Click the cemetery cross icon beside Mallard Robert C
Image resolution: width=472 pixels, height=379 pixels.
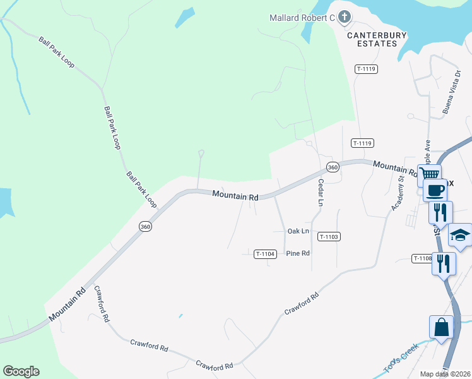[x=344, y=18]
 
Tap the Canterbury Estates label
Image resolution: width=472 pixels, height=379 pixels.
[x=377, y=39]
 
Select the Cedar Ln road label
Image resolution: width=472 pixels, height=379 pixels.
[x=321, y=191]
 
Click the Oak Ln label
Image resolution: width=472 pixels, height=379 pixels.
[x=298, y=231]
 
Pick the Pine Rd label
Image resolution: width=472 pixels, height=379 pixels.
[x=298, y=253]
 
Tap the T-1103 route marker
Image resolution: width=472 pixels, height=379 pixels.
[x=329, y=237]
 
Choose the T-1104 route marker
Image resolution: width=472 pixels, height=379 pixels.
[x=266, y=254]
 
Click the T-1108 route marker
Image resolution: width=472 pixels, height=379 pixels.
[x=422, y=258]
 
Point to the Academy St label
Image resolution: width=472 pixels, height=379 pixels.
[x=397, y=193]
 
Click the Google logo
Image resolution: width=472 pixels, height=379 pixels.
[x=21, y=371]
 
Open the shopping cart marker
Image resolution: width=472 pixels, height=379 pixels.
[x=429, y=174]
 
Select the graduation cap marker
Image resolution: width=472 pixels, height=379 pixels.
[x=460, y=236]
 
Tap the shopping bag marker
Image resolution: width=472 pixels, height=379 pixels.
[x=441, y=327]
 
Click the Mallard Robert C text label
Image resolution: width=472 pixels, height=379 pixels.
[x=302, y=18]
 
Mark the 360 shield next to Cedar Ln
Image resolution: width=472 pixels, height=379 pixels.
[x=333, y=167]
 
